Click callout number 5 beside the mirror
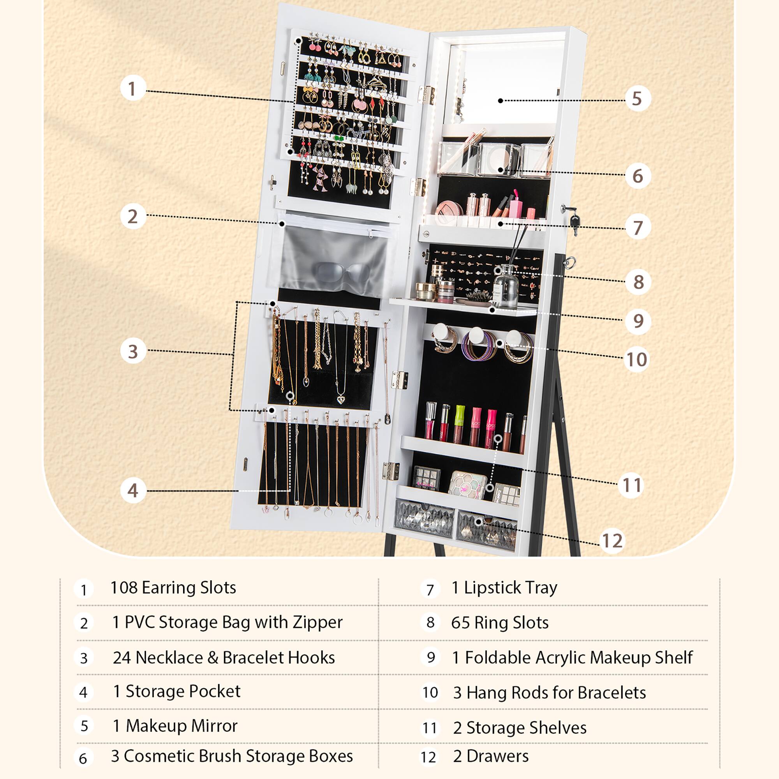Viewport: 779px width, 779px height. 638,99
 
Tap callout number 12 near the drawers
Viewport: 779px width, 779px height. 612,541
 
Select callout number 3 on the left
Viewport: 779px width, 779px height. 133,351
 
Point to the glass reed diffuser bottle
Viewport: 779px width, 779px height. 506,287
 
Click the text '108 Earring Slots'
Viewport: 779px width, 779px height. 173,588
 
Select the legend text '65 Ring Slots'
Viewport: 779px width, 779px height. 500,622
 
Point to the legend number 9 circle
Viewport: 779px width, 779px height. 431,657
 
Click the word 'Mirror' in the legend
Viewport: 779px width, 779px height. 214,726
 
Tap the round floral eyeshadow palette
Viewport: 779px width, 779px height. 468,484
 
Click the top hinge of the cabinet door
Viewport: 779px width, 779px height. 426,94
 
